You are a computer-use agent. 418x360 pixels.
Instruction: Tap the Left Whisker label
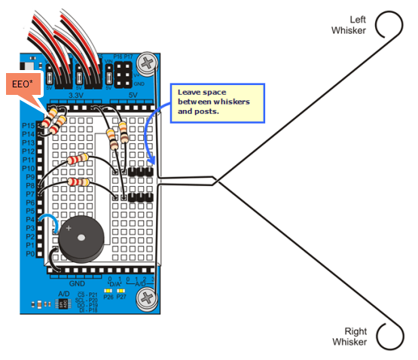(x=349, y=25)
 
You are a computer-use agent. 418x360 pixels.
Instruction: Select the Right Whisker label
(x=350, y=337)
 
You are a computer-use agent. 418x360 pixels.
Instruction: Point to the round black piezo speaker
(x=81, y=242)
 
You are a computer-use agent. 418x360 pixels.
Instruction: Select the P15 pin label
(x=28, y=124)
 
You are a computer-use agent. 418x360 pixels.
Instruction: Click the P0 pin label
(x=28, y=255)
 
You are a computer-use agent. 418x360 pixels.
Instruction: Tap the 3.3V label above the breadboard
(x=76, y=96)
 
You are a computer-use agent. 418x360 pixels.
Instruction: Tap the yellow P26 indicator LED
(x=108, y=289)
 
